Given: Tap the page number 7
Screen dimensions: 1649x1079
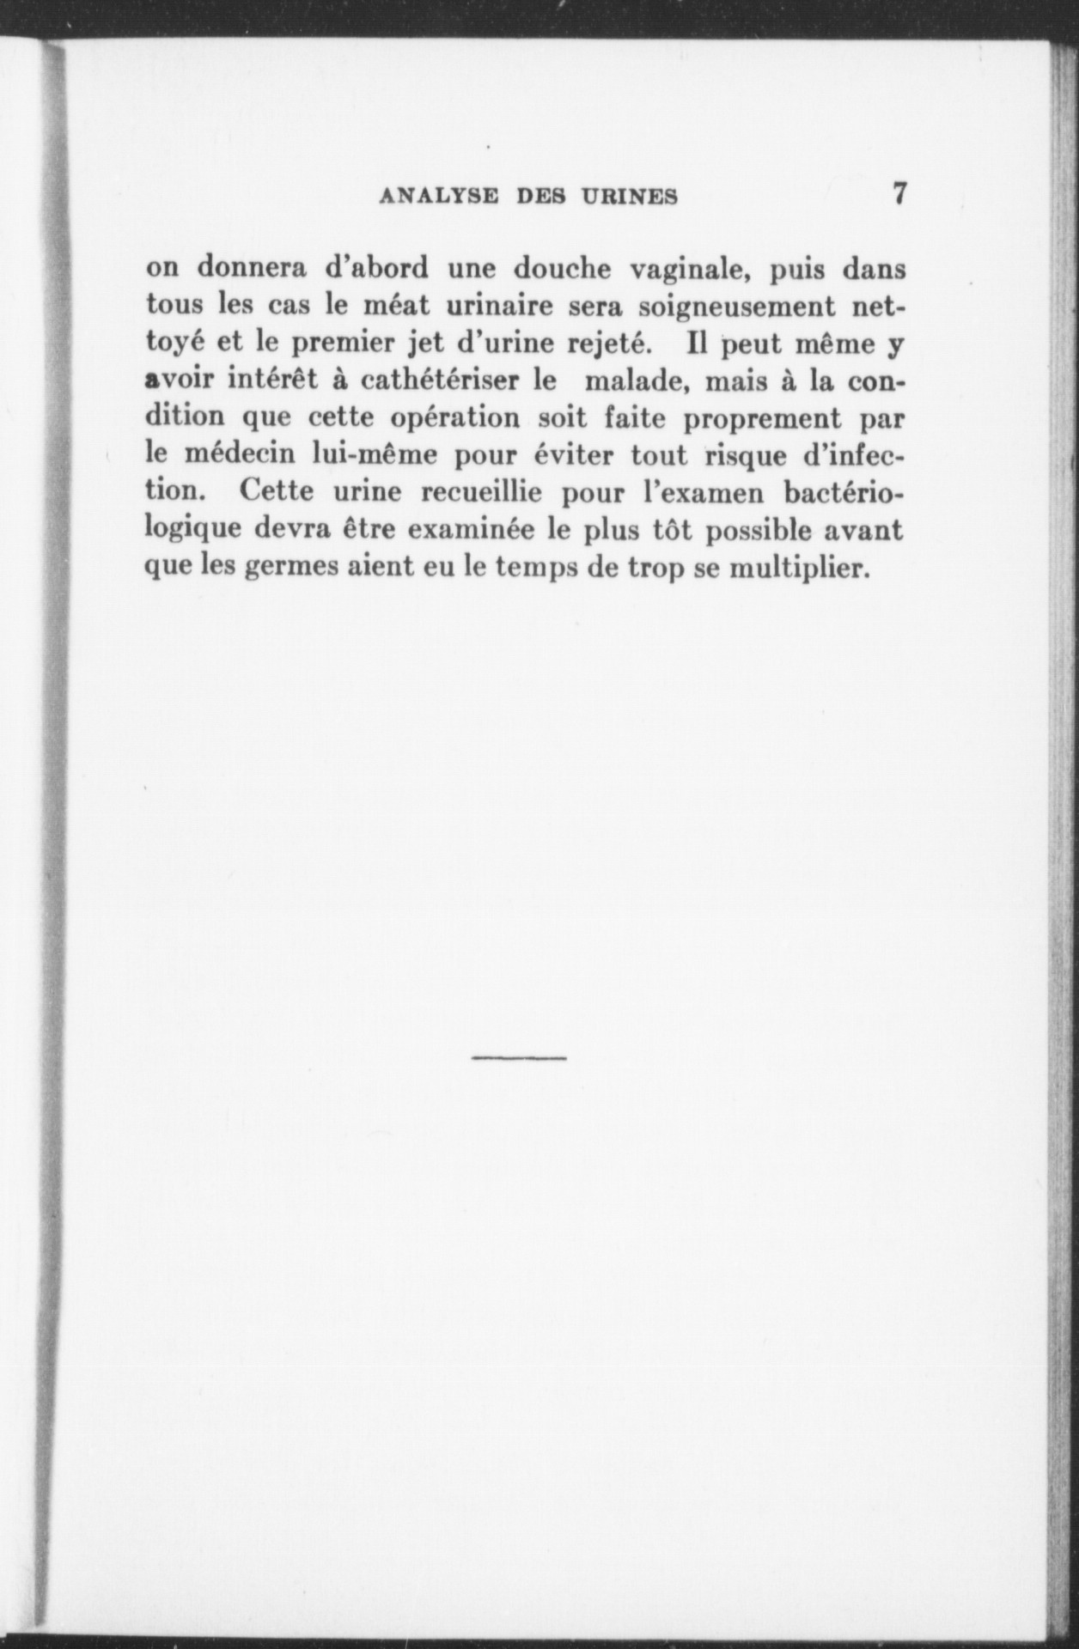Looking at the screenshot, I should click(899, 193).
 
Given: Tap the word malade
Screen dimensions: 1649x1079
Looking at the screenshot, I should click(636, 382).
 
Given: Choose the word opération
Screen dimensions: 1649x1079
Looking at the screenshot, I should click(456, 420).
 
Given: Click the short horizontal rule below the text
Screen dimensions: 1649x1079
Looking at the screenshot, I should click(519, 1057).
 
